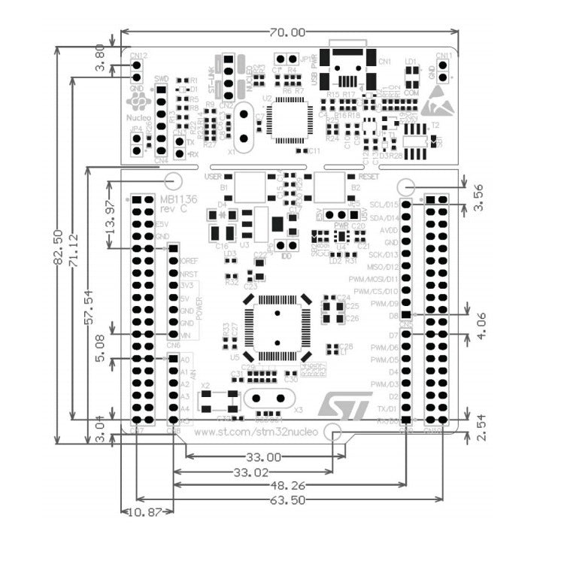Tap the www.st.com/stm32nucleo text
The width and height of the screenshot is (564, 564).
point(256,432)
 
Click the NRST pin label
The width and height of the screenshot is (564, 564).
point(190,274)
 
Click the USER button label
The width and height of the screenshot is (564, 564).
point(213,176)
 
